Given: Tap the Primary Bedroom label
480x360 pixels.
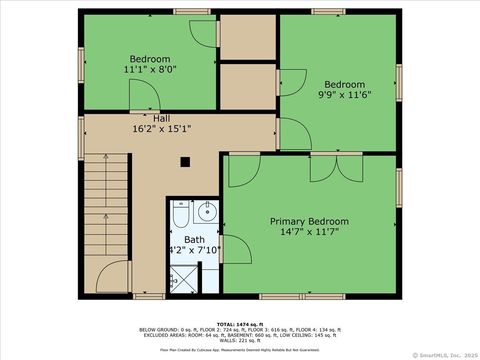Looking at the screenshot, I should coord(310,221).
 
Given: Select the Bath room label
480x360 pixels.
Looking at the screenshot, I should coord(194,240).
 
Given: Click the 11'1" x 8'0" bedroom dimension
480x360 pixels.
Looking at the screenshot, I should coord(150,70).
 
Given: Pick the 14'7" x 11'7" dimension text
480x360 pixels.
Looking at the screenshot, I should coord(310,233).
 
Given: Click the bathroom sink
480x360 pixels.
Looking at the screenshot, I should coord(207,211).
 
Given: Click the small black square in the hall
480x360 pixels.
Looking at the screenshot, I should coord(185,161).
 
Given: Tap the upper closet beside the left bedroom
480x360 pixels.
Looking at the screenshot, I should coord(246,38).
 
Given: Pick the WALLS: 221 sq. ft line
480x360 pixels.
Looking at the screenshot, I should coord(240,339).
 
